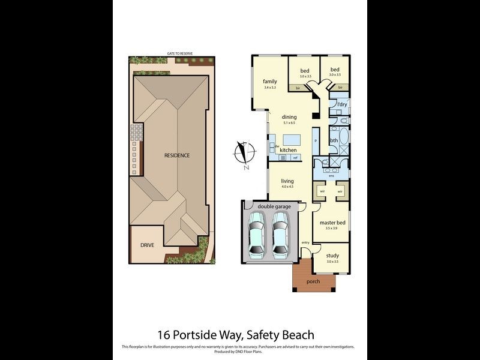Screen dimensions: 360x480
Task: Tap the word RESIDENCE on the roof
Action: [x=177, y=155]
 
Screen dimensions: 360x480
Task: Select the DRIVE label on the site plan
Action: [x=148, y=245]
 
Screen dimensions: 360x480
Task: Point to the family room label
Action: [x=269, y=82]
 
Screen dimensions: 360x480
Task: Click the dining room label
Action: [x=290, y=117]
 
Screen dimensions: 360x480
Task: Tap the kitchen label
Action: [x=288, y=149]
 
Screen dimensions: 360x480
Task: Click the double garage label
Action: [x=274, y=206]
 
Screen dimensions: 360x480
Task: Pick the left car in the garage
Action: [x=256, y=236]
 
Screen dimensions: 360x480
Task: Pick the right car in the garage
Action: [x=281, y=236]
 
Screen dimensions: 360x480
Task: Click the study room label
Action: [x=332, y=256]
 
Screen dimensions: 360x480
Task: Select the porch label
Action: [x=313, y=281]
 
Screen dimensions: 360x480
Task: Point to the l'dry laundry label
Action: [x=341, y=104]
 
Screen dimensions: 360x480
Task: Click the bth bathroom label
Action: [x=334, y=140]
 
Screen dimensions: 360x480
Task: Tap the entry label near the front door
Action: [x=305, y=242]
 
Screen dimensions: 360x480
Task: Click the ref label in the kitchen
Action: [x=295, y=158]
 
